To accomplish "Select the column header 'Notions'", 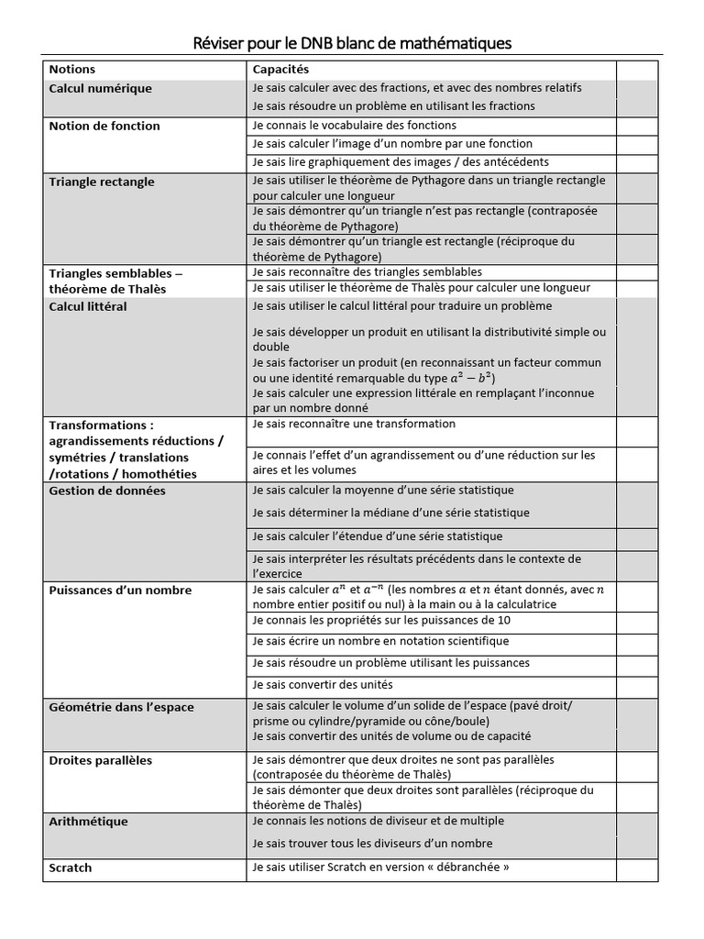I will click(x=71, y=70).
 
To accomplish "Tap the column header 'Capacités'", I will click(x=280, y=70).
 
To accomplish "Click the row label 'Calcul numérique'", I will click(x=100, y=89).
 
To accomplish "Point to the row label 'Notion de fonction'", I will click(x=104, y=127).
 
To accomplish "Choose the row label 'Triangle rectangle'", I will click(x=101, y=182).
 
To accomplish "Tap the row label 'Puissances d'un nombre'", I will click(x=119, y=591).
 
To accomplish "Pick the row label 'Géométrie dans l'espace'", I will click(x=121, y=708).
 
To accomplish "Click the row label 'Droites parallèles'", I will click(x=100, y=761).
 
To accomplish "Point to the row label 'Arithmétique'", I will click(x=88, y=822).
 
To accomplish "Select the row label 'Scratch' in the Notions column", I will click(x=71, y=867).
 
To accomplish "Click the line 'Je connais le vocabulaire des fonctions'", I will click(x=353, y=126).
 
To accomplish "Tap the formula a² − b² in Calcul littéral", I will click(x=473, y=378).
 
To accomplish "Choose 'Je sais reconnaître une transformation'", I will click(x=353, y=425).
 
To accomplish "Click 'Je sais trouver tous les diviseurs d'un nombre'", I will click(x=371, y=844).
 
